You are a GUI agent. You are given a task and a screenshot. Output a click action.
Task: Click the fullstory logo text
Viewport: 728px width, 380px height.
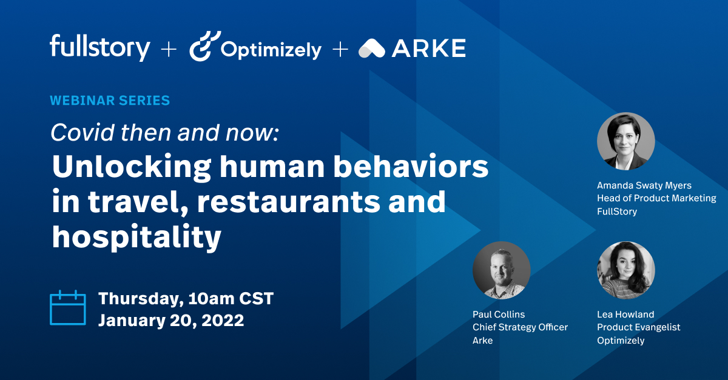point(99,47)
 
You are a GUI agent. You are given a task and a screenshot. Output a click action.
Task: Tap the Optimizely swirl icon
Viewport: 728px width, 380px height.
point(201,47)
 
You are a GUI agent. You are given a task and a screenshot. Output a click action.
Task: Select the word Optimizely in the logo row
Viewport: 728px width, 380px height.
point(271,49)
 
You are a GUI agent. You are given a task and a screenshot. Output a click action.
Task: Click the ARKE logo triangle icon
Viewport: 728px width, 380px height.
point(372,48)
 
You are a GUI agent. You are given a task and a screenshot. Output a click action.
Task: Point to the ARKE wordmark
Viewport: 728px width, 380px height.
point(429,48)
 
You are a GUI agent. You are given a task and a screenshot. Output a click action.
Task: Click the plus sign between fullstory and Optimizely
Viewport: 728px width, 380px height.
point(168,49)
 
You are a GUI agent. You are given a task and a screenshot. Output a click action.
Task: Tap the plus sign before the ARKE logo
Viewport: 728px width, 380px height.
point(340,49)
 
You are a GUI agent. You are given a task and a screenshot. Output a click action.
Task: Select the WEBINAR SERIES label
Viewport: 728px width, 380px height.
point(110,100)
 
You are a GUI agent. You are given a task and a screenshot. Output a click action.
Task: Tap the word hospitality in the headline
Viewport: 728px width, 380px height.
point(136,237)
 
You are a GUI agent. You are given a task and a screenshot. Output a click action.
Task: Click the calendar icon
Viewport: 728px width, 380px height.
point(68,308)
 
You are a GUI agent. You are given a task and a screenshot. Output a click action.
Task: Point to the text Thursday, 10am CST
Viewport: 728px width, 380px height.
point(186,298)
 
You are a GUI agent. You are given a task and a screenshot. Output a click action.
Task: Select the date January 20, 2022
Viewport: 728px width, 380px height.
point(171,320)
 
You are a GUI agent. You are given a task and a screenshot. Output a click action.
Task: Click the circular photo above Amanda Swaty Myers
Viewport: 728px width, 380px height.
point(625,141)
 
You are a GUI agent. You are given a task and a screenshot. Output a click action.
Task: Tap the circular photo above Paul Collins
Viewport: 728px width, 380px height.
point(501,270)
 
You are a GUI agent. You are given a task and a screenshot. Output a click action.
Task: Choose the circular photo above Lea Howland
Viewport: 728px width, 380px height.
point(625,270)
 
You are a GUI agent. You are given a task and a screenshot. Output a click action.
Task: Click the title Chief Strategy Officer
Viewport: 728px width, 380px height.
point(520,327)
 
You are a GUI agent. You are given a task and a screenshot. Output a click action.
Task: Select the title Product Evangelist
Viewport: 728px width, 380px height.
point(638,327)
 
